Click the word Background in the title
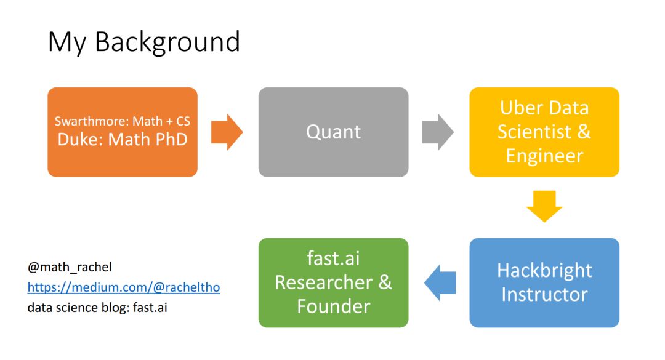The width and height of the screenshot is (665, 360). (167, 42)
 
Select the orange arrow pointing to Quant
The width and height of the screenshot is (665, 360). (227, 132)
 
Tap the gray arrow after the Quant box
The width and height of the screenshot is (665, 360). (438, 132)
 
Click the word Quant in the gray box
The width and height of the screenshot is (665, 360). (333, 132)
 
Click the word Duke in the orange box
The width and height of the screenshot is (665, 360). (81, 140)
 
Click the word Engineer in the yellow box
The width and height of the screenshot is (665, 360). (544, 156)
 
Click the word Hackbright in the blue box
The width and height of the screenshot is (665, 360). (544, 270)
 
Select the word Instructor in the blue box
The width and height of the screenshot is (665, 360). (544, 294)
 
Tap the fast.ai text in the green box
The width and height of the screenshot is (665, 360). (333, 258)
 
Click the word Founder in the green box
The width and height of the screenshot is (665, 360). (333, 306)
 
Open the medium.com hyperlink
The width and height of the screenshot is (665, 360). (123, 287)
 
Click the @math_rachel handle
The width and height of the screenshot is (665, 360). (70, 268)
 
